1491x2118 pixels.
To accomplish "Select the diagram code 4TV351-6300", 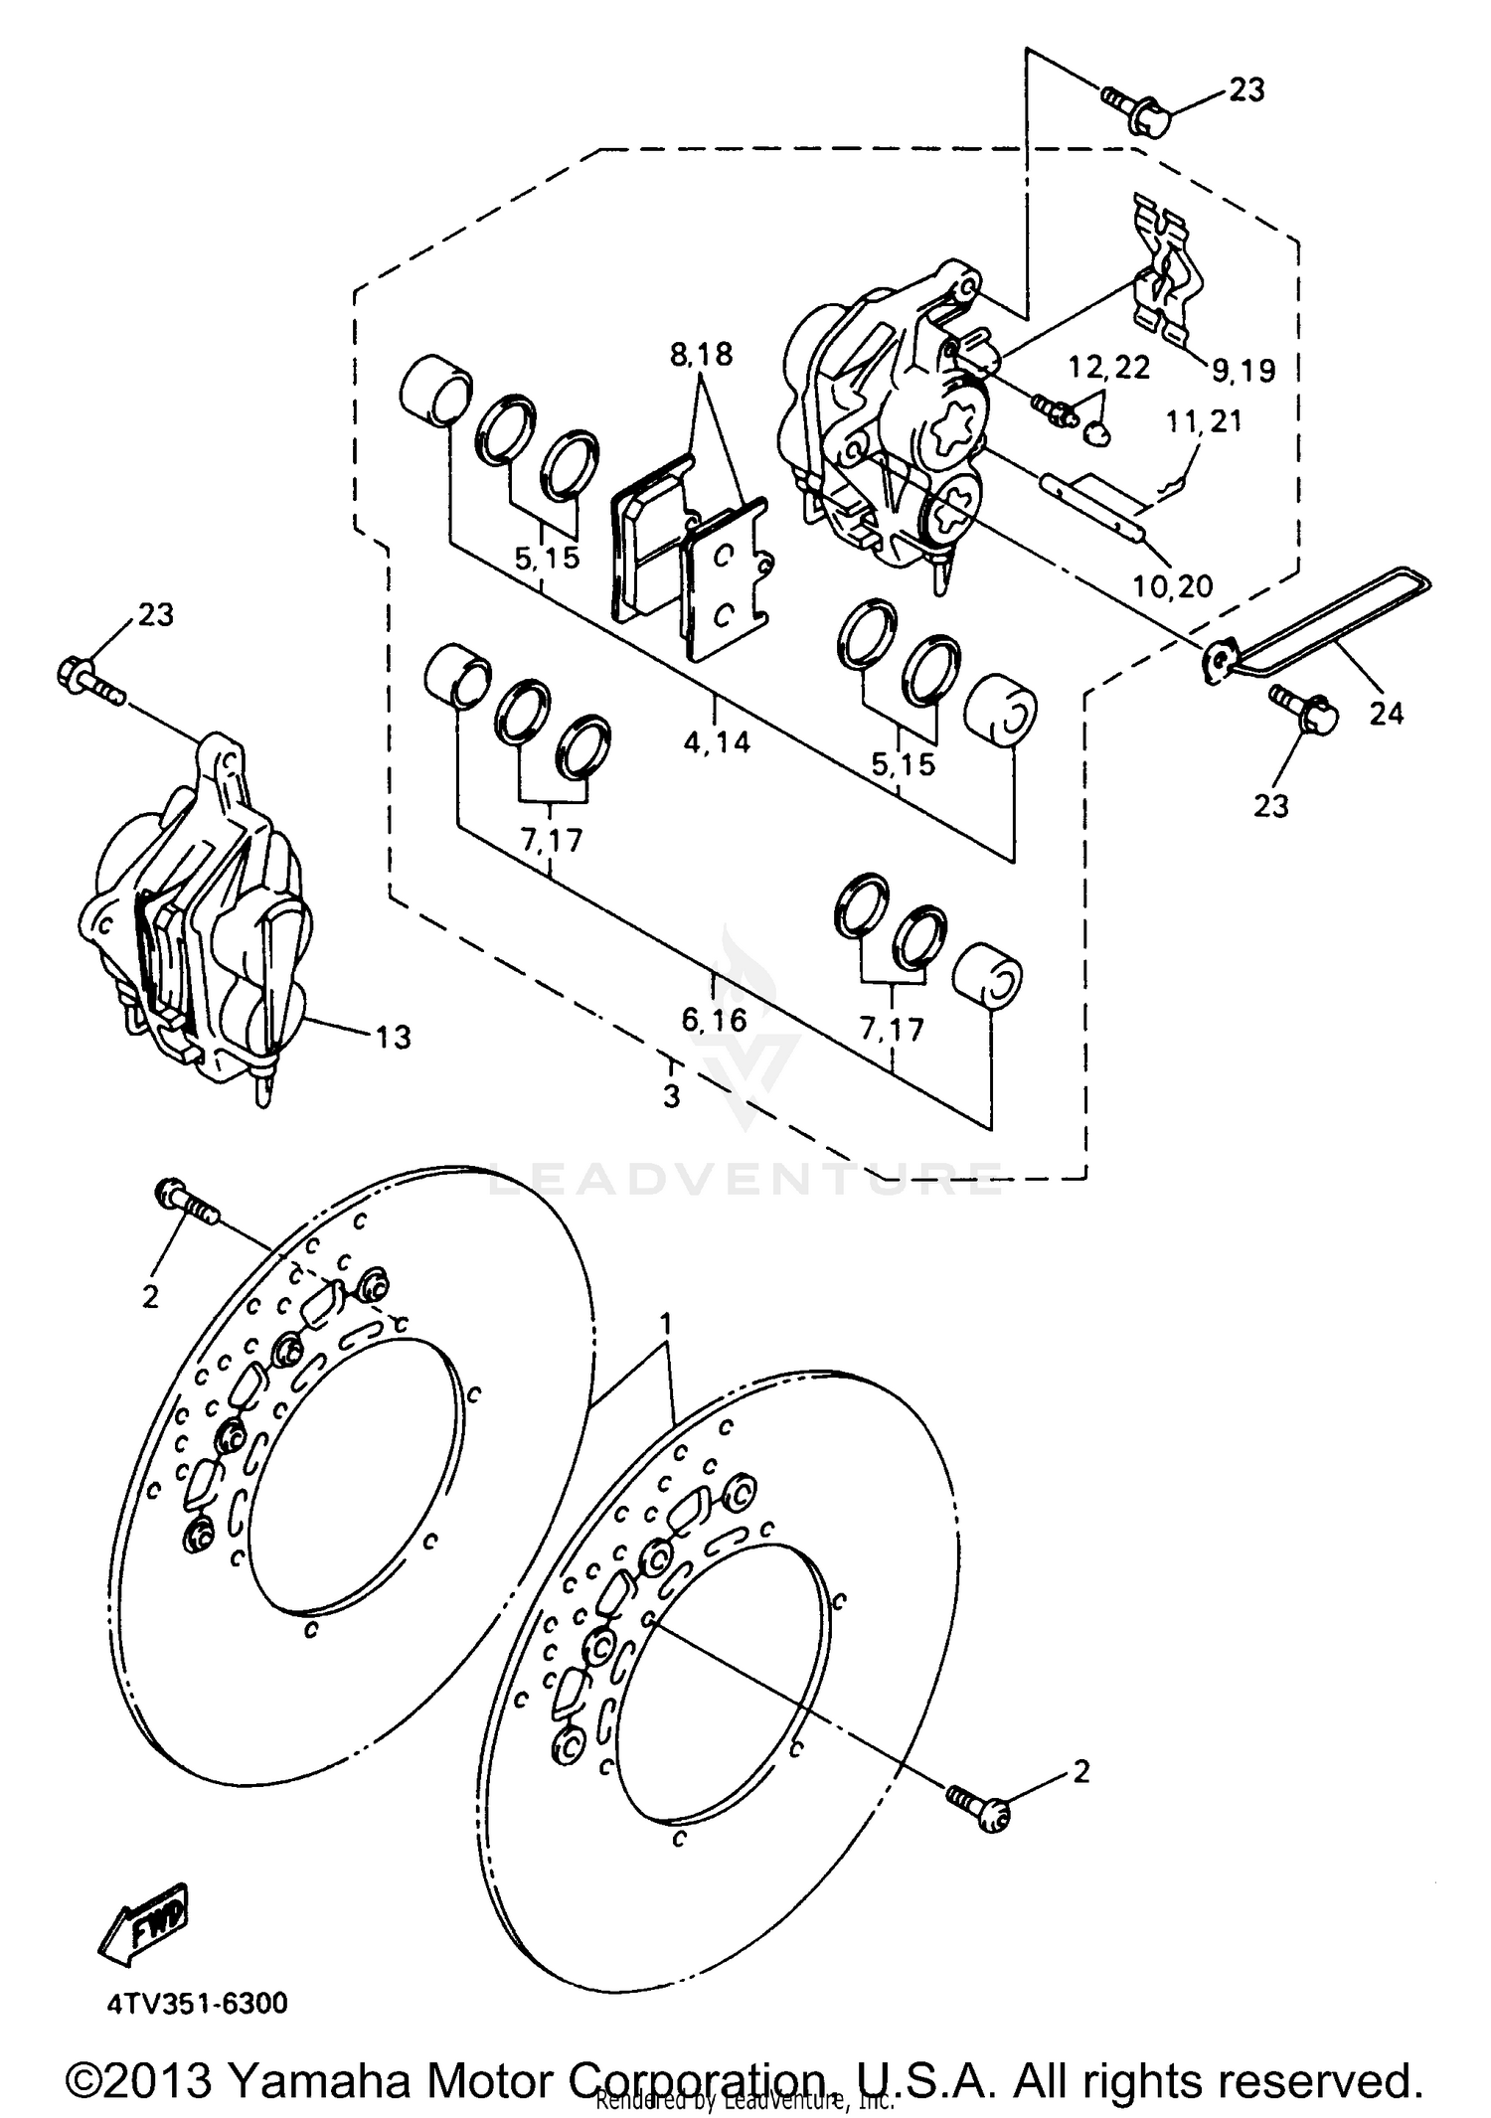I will (198, 2002).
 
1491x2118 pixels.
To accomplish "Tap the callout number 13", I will (393, 1038).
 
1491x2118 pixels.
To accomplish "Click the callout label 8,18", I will (701, 354).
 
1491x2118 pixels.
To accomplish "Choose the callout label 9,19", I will (1242, 371).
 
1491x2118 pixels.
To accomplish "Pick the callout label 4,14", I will (716, 740).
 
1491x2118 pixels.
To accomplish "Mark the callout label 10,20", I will (1173, 586).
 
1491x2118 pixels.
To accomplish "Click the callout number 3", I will (672, 1097).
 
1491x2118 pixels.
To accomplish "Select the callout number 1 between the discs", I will (667, 1324).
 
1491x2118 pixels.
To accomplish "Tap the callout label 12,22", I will (1108, 368).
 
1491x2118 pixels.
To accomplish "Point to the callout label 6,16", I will (714, 1020).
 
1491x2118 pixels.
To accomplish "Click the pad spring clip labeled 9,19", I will (1167, 270).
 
